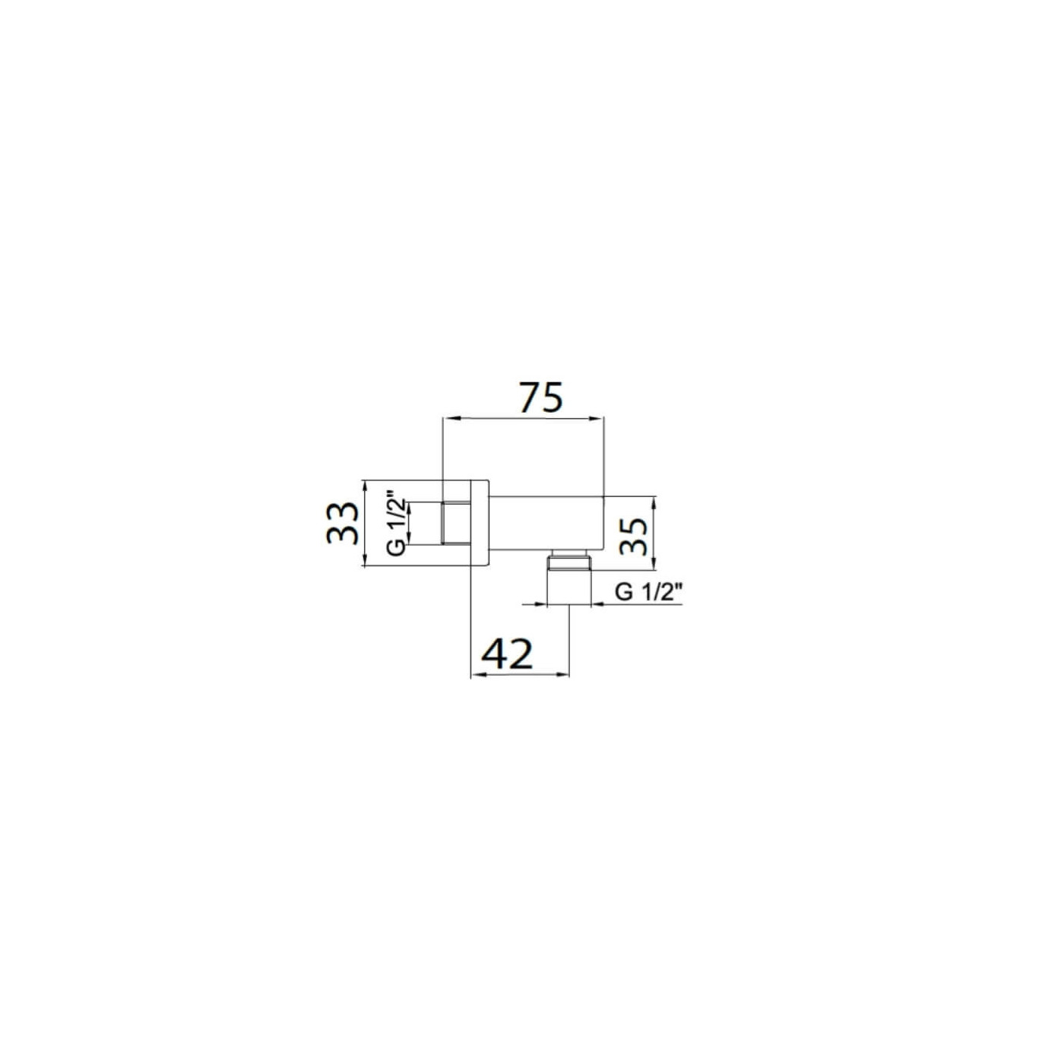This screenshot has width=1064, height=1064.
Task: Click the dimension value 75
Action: [542, 397]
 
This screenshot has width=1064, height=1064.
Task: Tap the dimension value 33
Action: [344, 523]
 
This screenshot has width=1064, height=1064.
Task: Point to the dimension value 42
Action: [508, 654]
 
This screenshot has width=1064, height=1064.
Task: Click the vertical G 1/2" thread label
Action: [397, 523]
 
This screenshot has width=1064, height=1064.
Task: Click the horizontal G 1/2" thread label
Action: [649, 593]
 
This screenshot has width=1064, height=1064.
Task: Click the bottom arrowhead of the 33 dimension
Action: [365, 559]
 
